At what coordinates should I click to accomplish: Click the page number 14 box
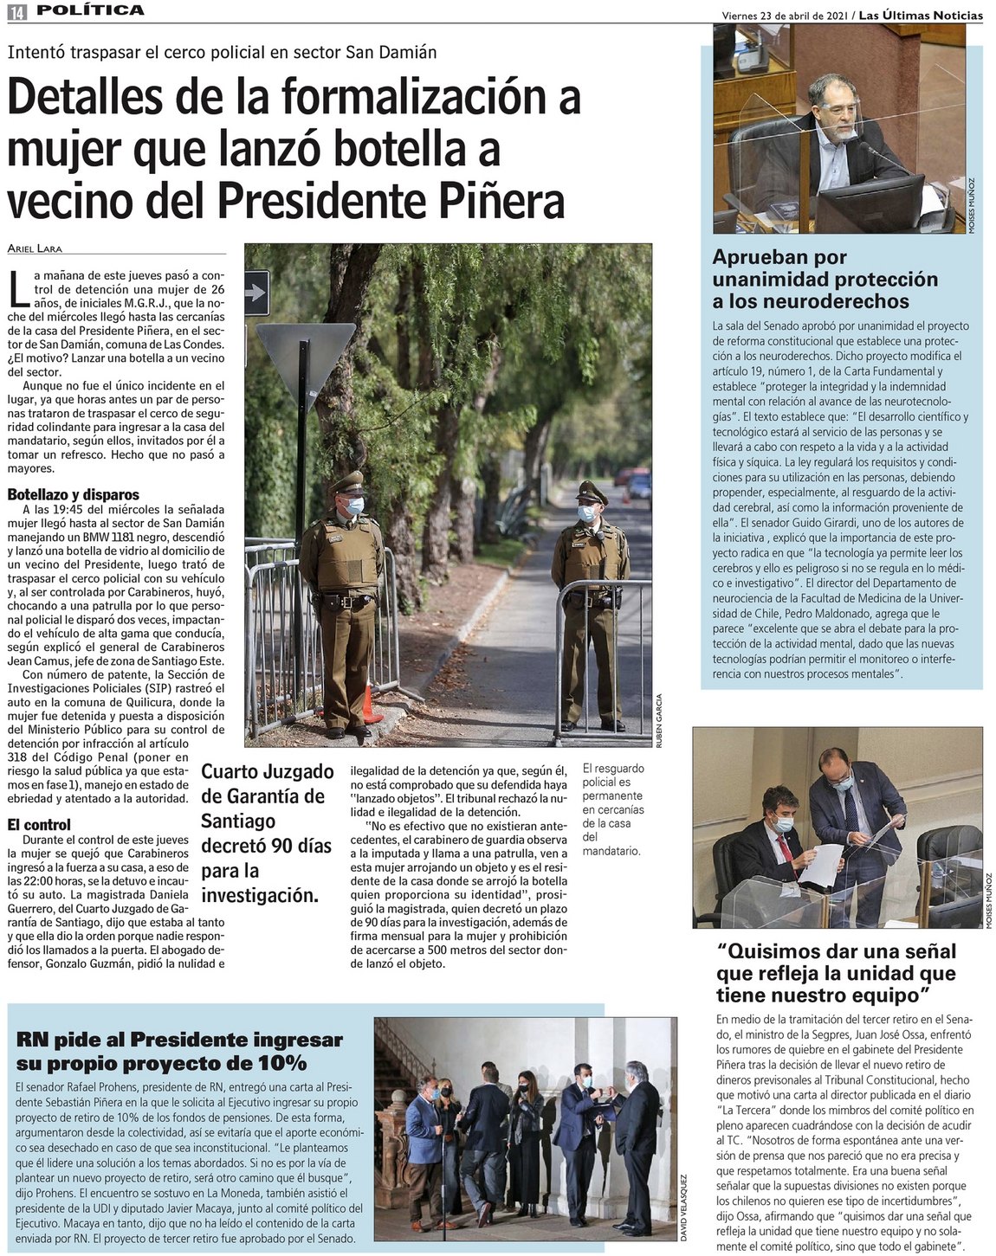[16, 11]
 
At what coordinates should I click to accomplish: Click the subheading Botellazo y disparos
[73, 495]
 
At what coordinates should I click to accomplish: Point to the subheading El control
[39, 825]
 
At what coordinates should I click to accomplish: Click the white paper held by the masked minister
[824, 860]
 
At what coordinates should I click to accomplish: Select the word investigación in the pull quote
[260, 894]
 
